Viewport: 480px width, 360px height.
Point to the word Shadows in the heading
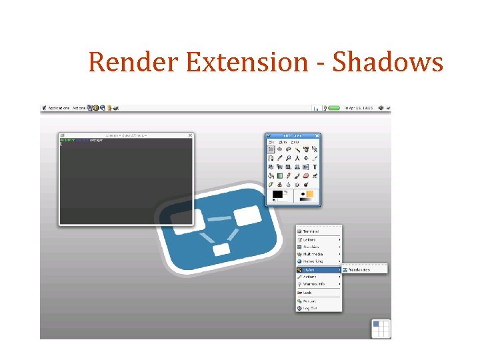(x=387, y=62)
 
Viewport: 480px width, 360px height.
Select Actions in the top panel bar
(x=79, y=107)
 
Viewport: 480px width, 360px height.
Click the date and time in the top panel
(x=358, y=107)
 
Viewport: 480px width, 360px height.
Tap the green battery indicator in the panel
(x=333, y=107)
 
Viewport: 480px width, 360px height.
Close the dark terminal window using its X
(x=190, y=135)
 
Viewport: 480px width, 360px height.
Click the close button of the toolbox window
(x=317, y=135)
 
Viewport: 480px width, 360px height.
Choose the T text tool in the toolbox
(x=315, y=167)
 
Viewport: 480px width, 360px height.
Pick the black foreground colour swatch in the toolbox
(x=277, y=194)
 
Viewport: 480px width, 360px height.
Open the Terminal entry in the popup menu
(x=311, y=231)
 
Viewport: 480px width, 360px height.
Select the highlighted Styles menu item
(x=310, y=269)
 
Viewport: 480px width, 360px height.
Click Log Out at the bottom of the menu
(x=310, y=308)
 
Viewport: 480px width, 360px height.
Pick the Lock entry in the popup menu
(x=307, y=292)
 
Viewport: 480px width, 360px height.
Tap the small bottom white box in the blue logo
(x=221, y=249)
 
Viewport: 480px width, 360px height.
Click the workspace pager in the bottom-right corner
(x=381, y=328)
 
